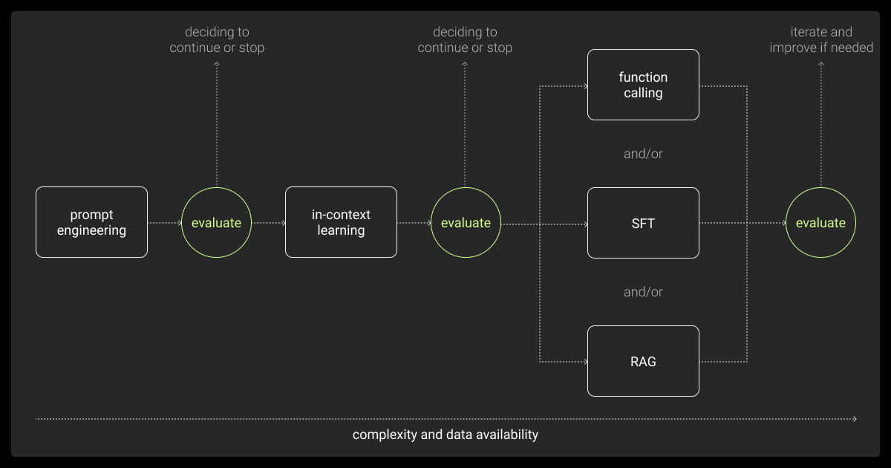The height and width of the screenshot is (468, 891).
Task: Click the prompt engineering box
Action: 91,222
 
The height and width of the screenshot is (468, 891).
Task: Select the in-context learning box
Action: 341,222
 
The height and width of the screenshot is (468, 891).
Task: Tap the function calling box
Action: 643,85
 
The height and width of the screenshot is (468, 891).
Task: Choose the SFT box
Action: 643,223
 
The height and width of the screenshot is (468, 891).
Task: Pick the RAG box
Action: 643,361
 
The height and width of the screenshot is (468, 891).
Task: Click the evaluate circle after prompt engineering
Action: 216,222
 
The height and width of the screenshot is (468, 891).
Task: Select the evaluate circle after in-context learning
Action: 466,222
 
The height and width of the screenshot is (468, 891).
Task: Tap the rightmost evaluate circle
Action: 820,222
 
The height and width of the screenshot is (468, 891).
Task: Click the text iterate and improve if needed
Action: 820,40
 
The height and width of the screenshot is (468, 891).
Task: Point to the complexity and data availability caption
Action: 445,435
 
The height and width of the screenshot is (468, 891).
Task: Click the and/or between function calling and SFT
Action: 643,154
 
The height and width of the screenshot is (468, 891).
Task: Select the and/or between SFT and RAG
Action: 643,292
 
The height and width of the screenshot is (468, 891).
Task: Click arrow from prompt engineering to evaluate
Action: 164,222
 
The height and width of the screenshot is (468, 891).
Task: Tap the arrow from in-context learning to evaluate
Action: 414,222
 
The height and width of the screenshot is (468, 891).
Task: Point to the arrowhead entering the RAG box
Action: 584,361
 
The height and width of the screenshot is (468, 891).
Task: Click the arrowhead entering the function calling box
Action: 584,85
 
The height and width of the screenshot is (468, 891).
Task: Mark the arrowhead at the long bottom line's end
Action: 855,419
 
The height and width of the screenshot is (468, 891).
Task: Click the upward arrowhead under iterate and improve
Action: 820,65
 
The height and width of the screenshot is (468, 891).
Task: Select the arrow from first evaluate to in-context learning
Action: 268,222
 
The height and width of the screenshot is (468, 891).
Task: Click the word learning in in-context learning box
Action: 341,230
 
